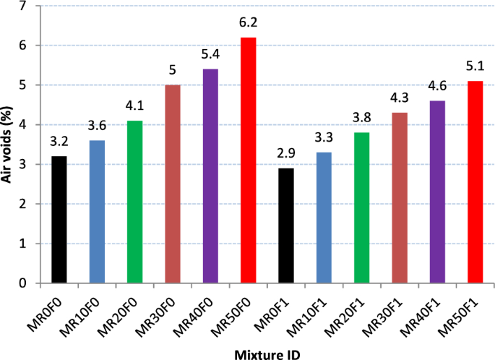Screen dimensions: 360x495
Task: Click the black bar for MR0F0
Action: (59, 220)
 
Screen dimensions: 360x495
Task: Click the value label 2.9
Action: (287, 153)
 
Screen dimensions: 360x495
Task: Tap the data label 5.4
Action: (211, 54)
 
